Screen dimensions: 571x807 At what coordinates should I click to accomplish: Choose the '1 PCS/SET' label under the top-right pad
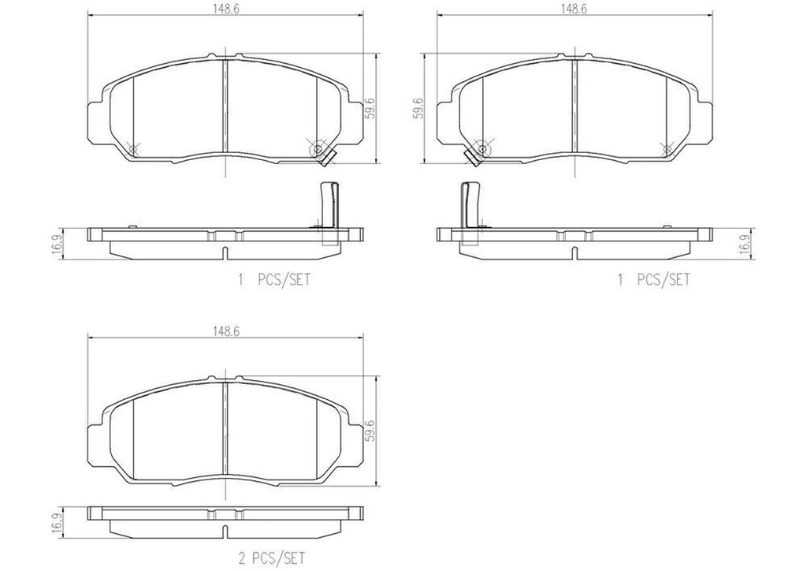(x=653, y=279)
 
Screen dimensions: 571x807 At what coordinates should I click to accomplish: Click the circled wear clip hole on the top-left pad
(x=318, y=148)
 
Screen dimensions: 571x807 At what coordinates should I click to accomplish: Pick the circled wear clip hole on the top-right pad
(x=482, y=148)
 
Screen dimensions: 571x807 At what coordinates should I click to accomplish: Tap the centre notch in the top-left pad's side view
(x=225, y=253)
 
